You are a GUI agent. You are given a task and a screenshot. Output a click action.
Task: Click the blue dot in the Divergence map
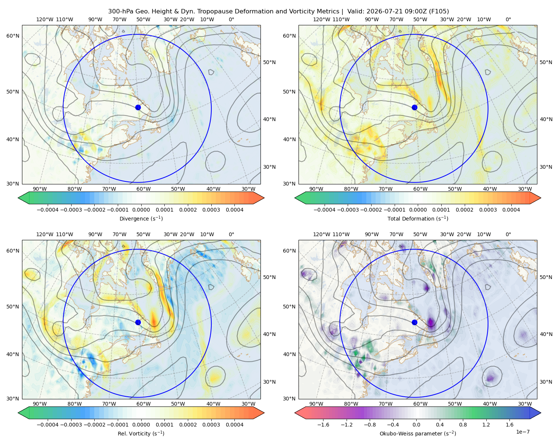point(138,108)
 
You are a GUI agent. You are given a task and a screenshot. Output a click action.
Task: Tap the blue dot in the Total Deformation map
point(414,108)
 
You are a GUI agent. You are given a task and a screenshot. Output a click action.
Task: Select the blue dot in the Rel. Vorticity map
point(138,322)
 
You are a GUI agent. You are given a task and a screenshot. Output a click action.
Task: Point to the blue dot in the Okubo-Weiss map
point(414,322)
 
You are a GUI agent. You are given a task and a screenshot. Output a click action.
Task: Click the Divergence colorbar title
point(141,218)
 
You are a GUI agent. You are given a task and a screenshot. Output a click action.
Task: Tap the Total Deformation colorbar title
point(418,218)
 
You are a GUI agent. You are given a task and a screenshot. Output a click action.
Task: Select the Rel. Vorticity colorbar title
point(141,433)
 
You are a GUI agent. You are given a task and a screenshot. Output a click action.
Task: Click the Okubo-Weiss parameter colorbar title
point(418,433)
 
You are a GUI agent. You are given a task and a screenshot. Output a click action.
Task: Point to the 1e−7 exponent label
point(522,432)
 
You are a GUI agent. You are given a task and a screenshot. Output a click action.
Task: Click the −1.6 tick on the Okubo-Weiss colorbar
point(323,424)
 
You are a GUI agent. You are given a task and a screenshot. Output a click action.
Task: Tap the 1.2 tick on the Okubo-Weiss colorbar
point(486,424)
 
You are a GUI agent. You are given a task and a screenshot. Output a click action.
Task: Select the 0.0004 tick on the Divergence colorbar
point(234,210)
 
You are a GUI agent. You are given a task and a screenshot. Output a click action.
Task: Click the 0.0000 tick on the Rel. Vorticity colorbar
point(141,424)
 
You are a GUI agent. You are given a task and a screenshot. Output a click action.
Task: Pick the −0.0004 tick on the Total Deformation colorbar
point(325,210)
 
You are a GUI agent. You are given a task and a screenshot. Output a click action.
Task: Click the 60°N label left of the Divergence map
point(13,36)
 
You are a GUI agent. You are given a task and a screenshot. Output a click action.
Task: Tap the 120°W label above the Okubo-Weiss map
point(321,234)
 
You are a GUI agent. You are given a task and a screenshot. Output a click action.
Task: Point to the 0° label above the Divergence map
point(231,19)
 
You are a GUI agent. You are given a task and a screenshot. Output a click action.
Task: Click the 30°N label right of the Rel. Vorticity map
point(269,382)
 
